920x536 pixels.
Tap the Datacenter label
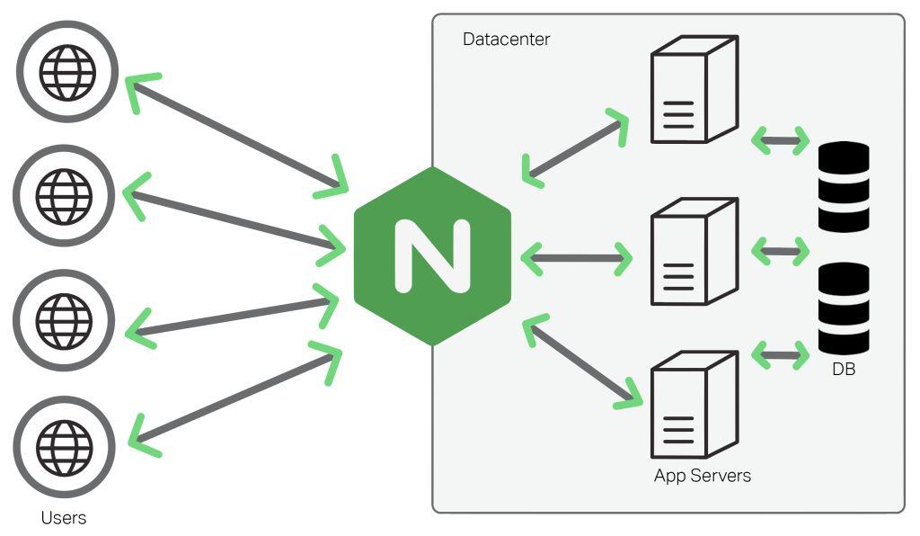[506, 40]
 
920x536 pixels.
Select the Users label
[64, 518]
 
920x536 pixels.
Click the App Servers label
[702, 476]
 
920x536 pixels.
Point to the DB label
[844, 368]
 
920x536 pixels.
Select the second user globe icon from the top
[64, 195]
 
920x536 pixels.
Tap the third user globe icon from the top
[64, 320]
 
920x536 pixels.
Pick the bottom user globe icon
[64, 444]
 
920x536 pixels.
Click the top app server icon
[693, 90]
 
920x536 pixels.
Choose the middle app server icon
[693, 252]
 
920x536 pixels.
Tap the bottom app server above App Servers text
[693, 405]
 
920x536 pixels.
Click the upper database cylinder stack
[844, 186]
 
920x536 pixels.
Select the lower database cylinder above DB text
[844, 308]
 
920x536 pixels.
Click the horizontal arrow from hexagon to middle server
[576, 259]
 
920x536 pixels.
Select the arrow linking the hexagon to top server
[576, 148]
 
